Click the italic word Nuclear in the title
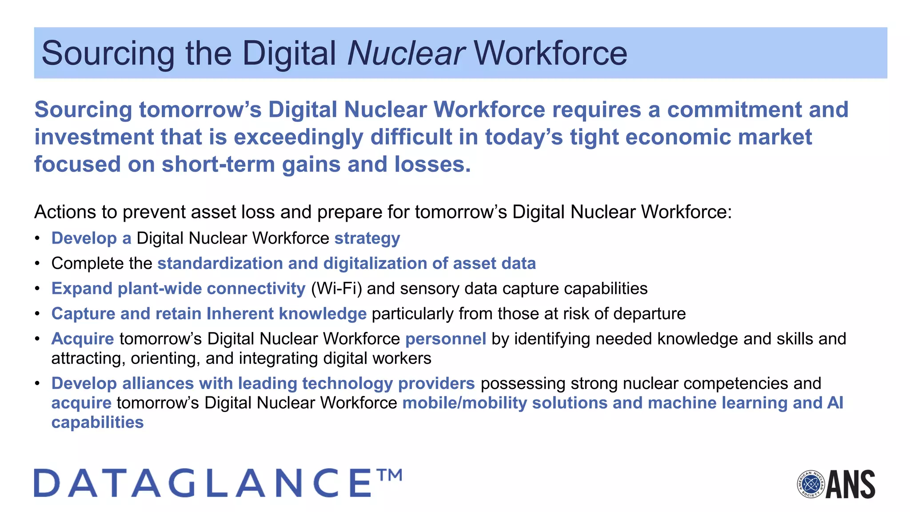(x=406, y=53)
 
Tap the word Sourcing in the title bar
(x=108, y=53)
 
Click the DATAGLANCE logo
(x=203, y=483)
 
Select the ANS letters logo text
(x=850, y=484)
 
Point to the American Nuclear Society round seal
(x=810, y=484)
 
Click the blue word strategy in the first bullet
(x=367, y=238)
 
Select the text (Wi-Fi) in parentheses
(x=336, y=288)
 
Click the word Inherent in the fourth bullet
(x=240, y=314)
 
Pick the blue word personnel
(x=446, y=339)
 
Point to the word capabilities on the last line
(x=98, y=422)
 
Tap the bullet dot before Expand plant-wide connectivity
(x=38, y=289)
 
